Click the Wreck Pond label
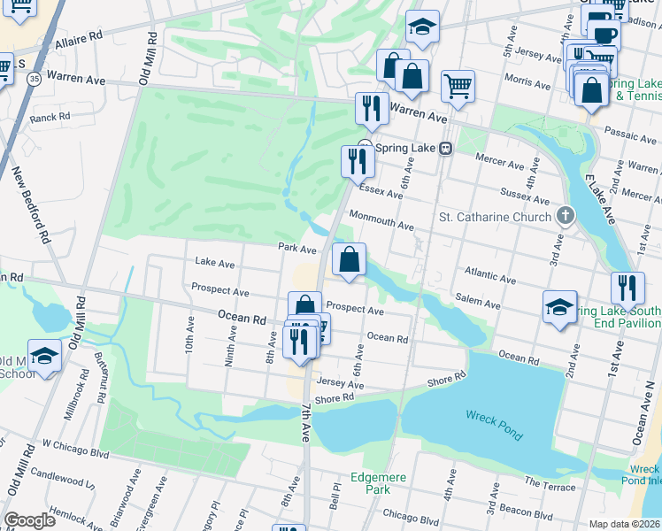coord(493,424)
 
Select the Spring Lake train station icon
coord(448,148)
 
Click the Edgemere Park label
coord(378,483)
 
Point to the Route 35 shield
coord(33,79)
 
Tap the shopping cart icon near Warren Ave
coord(458,87)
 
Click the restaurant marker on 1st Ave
coord(627,287)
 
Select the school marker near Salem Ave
coord(560,305)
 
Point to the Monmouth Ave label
coord(381,220)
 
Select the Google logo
coord(29,519)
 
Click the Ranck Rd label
coord(50,117)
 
